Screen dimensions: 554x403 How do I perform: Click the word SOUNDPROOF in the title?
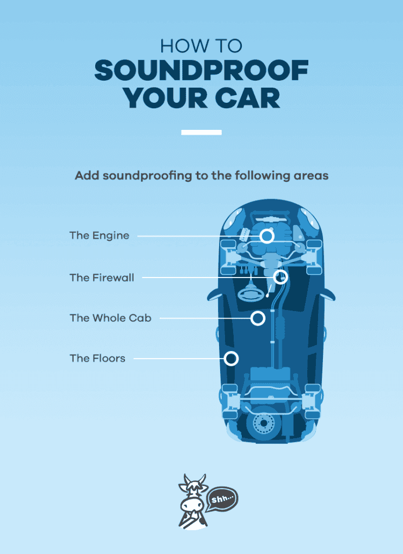point(201,71)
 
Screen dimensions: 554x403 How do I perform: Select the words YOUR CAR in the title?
point(201,98)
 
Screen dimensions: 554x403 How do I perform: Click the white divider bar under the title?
point(201,133)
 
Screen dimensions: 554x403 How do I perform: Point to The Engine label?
point(99,236)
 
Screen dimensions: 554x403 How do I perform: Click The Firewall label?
point(102,278)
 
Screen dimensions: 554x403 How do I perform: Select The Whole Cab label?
point(110,318)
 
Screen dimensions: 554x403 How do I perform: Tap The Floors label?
point(97,358)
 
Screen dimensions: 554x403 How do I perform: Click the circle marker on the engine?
point(266,236)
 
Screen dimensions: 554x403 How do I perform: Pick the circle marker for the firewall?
point(280,277)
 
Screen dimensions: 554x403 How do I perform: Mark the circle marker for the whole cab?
point(258,318)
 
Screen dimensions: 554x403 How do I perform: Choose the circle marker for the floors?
point(232,358)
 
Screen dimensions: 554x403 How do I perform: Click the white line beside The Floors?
point(179,358)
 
